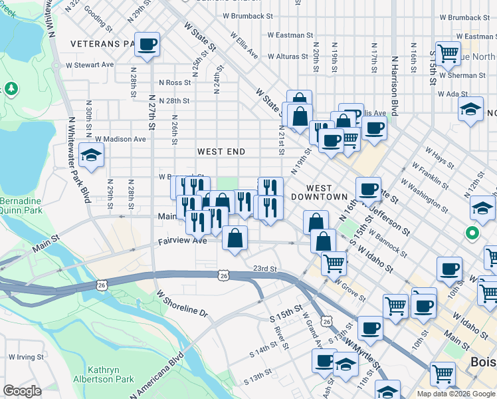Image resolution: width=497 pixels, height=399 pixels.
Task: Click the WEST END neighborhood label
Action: pos(221,152)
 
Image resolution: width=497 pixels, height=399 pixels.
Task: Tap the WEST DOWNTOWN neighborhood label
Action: pos(328,193)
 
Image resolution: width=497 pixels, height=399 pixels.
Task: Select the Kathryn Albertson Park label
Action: pos(111,375)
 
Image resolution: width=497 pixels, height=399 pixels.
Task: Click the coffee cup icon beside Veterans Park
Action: pos(148,45)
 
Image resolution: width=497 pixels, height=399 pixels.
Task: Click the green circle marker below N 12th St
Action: pos(472,233)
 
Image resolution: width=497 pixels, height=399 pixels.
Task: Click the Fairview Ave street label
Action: pos(179,241)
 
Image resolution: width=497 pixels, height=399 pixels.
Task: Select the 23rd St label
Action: pos(264,269)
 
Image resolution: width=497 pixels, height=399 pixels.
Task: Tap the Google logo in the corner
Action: pos(22,391)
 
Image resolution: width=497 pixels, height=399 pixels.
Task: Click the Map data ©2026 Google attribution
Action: pos(456,394)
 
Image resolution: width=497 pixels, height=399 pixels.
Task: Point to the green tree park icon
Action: pos(10,88)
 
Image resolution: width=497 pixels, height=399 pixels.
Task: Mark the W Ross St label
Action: pos(175,82)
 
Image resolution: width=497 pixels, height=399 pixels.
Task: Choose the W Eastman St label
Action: pos(290,35)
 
